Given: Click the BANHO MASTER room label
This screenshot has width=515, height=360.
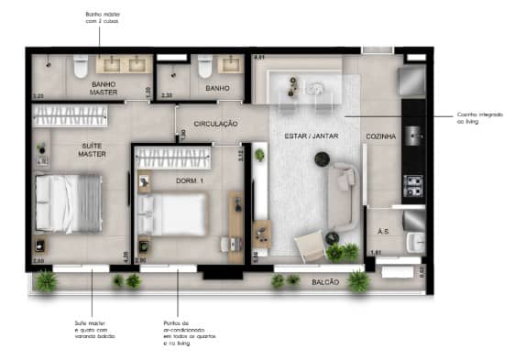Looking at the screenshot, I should (103, 88).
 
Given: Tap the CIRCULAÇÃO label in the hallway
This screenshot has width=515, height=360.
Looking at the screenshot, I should (216, 123).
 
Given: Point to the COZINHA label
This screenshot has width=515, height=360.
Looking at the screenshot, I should (380, 136).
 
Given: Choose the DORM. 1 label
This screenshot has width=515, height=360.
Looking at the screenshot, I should (188, 180).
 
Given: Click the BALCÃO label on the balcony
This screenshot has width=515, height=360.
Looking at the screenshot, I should (323, 283).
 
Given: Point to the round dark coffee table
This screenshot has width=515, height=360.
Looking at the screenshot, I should (321, 159).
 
